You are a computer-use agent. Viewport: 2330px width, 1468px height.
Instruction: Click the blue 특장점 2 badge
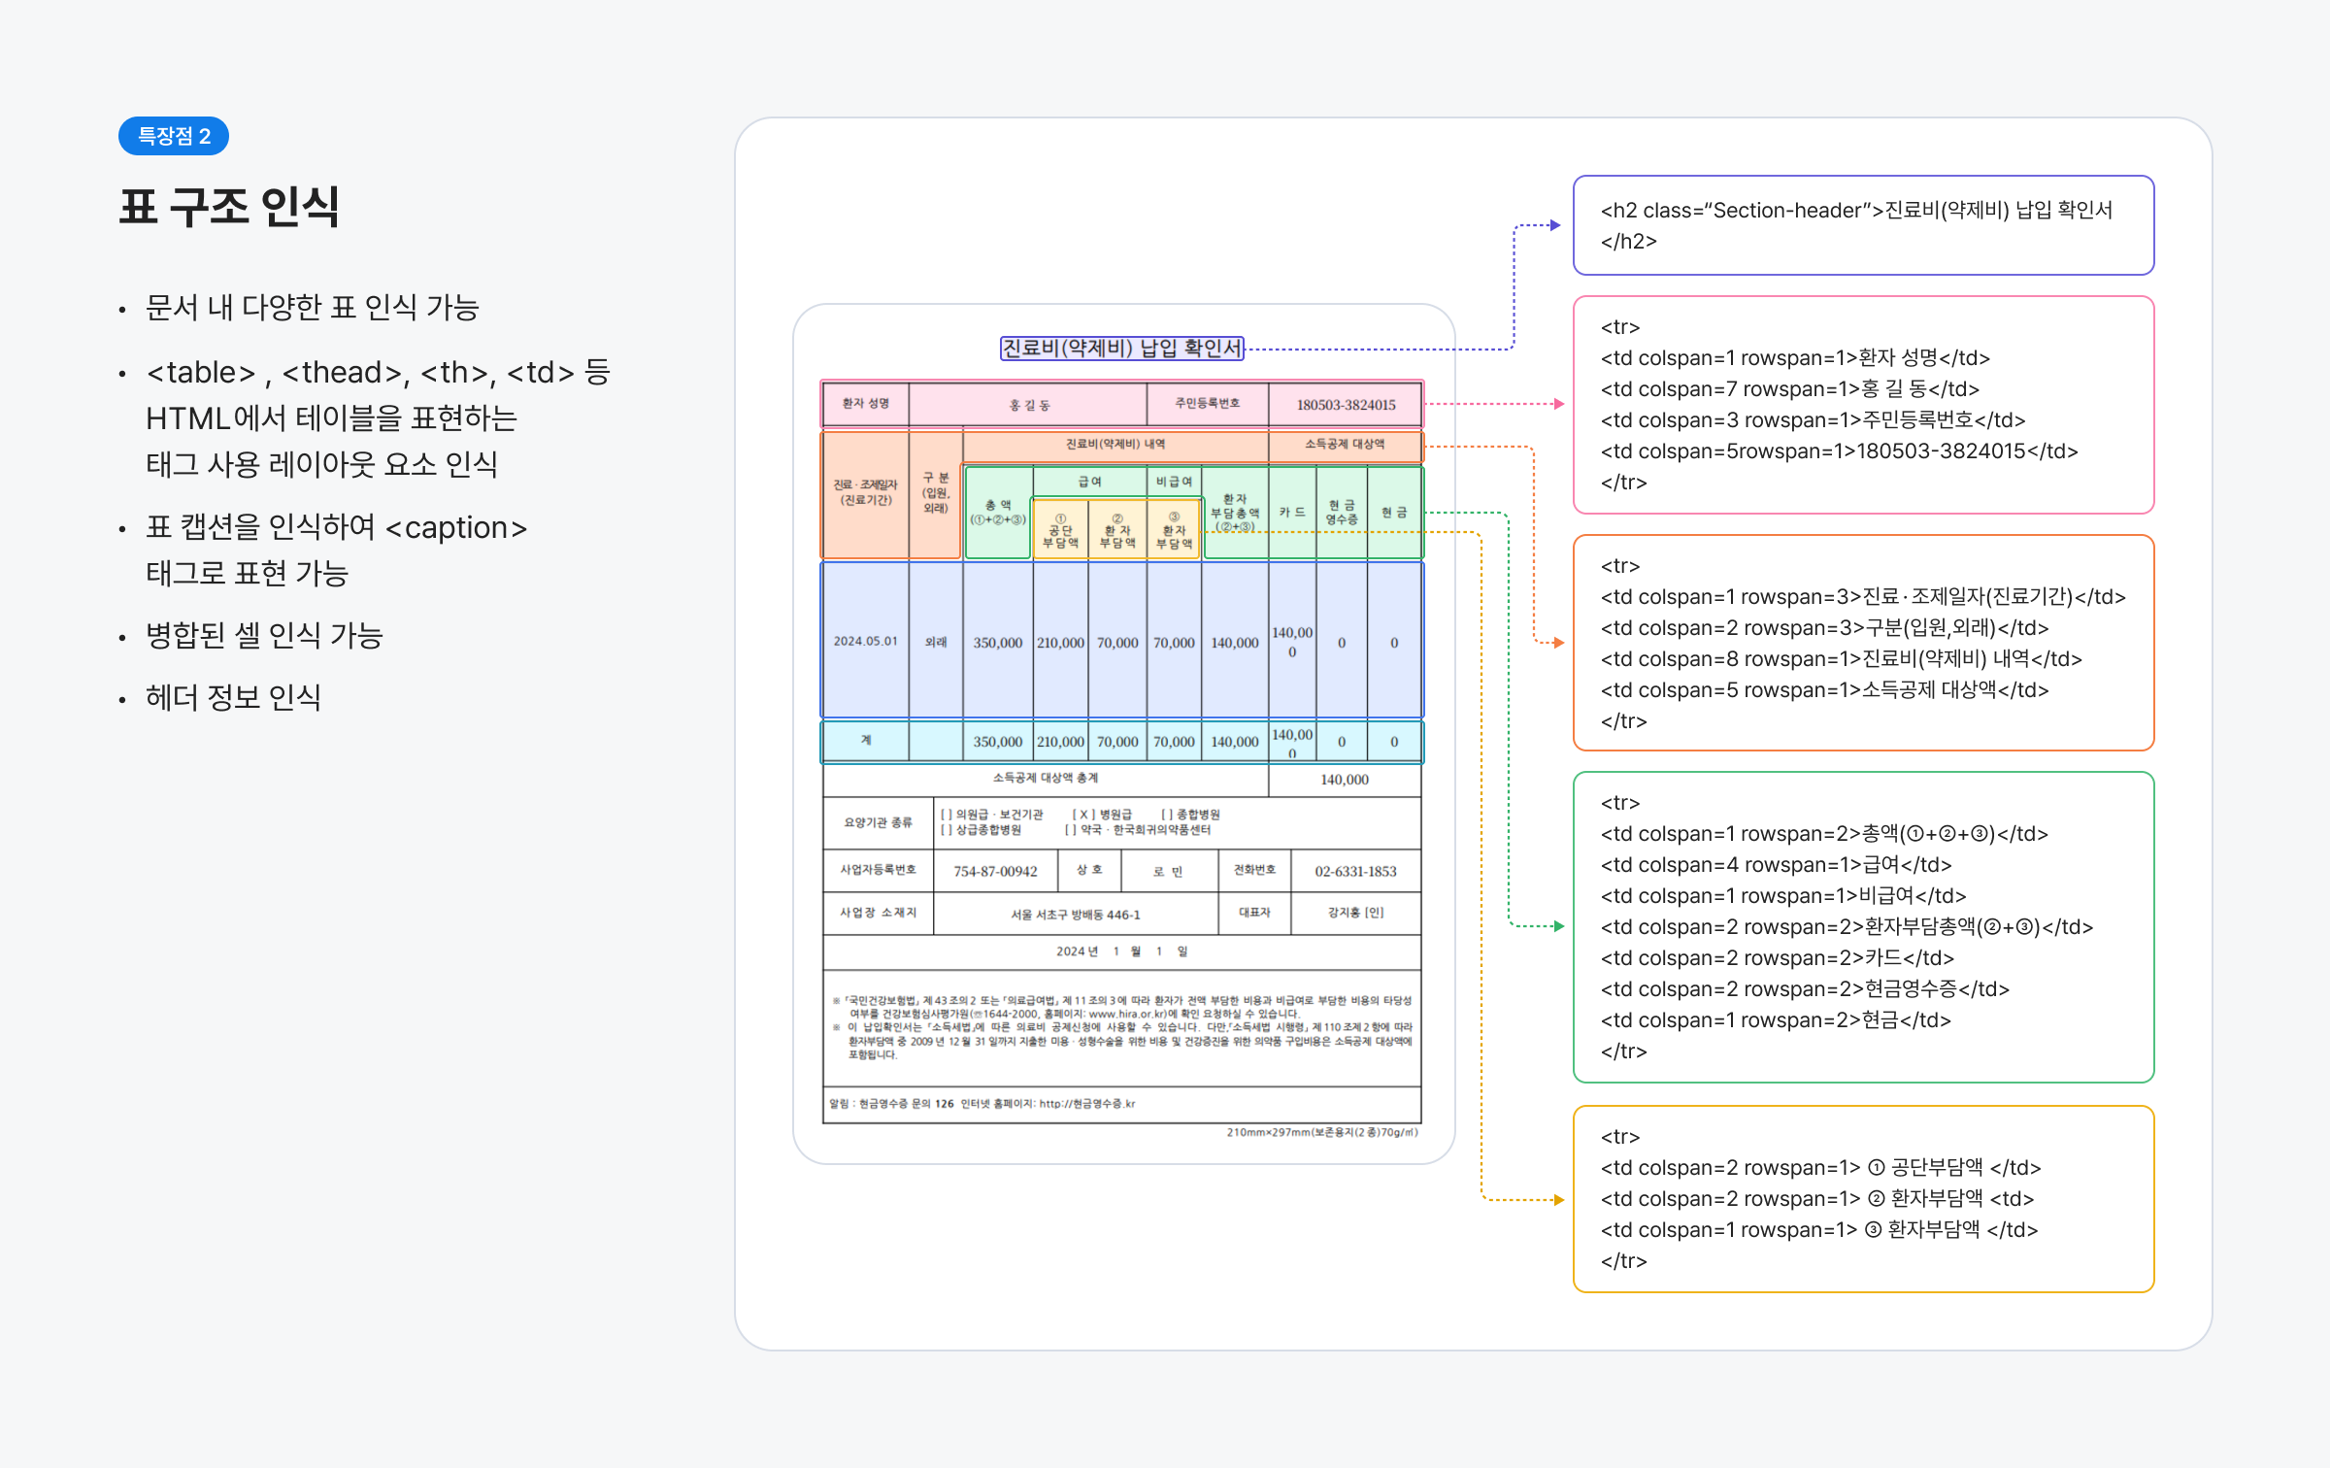[174, 136]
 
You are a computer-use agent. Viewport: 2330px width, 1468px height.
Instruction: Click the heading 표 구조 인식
[229, 207]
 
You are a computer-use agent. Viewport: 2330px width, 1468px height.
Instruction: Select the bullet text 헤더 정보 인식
[233, 697]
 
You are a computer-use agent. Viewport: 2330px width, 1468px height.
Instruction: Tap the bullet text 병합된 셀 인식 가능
[264, 635]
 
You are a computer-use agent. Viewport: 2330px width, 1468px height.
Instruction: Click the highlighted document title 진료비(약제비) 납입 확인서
[1121, 348]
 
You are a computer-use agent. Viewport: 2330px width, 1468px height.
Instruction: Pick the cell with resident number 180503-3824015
[1346, 405]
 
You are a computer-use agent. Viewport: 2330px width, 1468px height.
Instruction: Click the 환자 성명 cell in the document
[865, 404]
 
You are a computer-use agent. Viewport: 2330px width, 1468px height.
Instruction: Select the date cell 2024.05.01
[865, 642]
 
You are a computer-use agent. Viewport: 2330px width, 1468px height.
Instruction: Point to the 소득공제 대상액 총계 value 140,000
[1345, 780]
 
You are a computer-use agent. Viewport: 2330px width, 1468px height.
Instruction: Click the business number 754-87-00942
[995, 871]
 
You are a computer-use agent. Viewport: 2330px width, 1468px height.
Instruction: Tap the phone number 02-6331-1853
[1355, 871]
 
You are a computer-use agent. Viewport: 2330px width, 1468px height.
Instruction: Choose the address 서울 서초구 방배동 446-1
[1075, 915]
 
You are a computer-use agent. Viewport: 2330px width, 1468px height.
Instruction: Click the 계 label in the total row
[865, 740]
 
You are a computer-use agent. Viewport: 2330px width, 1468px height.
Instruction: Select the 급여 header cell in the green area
[1089, 482]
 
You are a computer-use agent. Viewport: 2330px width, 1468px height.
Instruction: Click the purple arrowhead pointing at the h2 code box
[1555, 225]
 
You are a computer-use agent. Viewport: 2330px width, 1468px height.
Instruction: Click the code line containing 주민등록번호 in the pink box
[1813, 419]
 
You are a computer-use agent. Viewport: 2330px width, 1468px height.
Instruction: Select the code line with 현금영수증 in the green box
[1805, 988]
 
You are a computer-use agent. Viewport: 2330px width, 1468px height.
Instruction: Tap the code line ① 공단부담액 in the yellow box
[1820, 1167]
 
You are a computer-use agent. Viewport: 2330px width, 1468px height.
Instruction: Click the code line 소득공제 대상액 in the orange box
[1824, 689]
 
